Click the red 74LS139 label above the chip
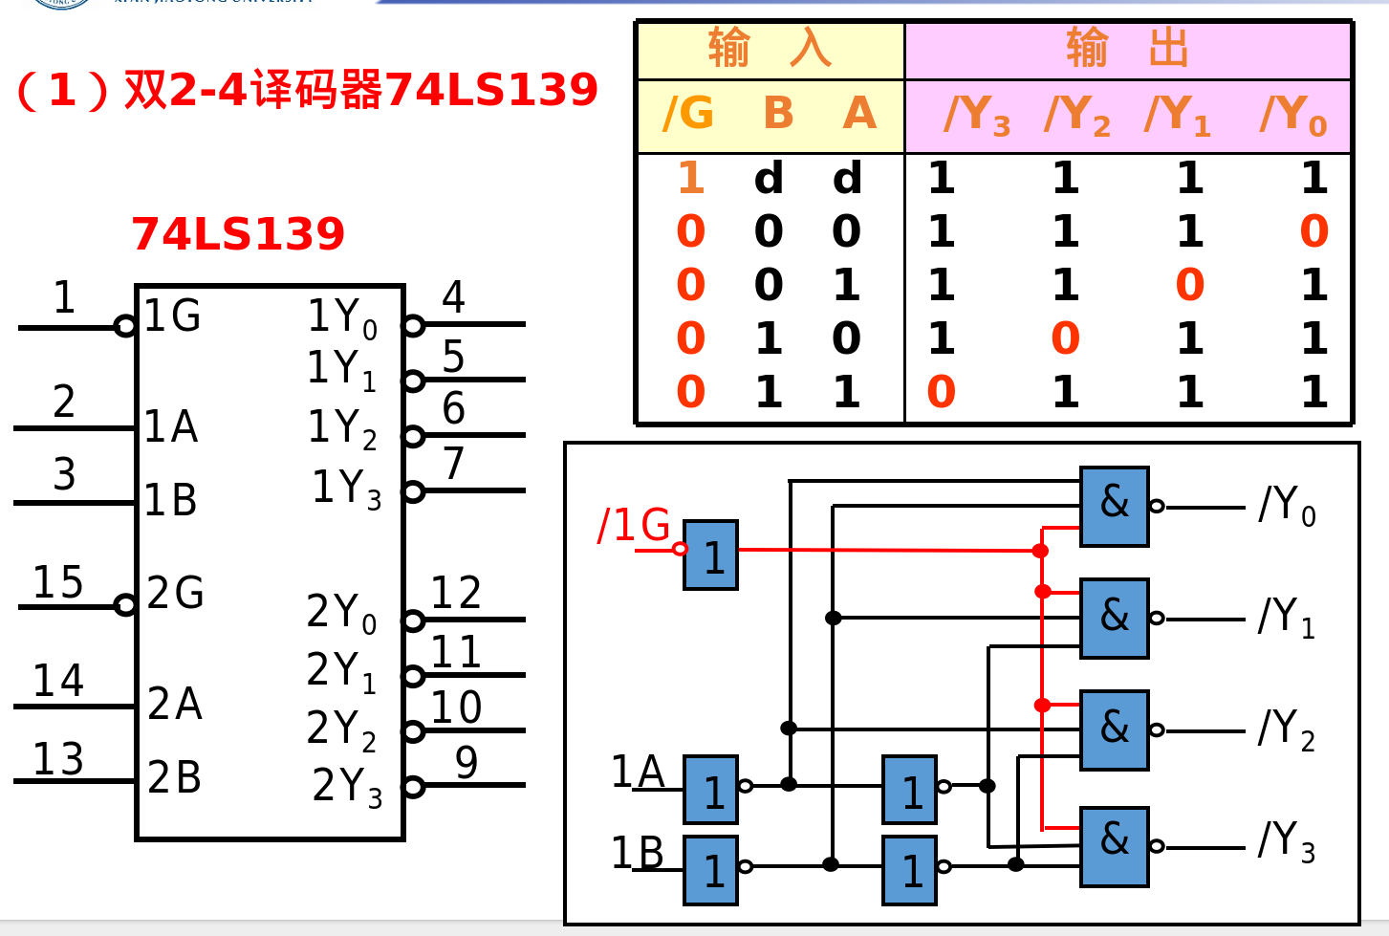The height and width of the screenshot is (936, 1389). tap(237, 234)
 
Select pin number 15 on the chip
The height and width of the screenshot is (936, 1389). tap(57, 582)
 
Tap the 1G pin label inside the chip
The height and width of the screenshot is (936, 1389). tap(172, 316)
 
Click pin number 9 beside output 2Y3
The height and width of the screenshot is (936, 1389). tap(466, 762)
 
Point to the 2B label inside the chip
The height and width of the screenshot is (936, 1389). tap(174, 778)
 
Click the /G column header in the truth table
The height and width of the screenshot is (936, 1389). tap(688, 115)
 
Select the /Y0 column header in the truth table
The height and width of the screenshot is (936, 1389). tap(1293, 116)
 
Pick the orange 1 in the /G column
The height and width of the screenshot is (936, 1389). tap(690, 178)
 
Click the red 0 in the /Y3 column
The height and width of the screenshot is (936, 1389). tap(941, 392)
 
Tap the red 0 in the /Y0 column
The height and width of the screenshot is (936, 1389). tap(1313, 231)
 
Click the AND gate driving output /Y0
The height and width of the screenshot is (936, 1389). tap(1114, 507)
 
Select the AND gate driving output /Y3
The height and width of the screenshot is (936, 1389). tap(1114, 846)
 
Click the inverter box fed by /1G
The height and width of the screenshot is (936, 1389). tap(710, 555)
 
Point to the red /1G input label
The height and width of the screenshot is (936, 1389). tap(633, 526)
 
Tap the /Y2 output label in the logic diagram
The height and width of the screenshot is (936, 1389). tap(1287, 729)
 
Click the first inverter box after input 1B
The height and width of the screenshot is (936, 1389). tap(710, 870)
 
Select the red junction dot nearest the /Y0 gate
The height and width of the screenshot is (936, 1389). tap(1040, 551)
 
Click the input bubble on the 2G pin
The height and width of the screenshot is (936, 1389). tap(124, 605)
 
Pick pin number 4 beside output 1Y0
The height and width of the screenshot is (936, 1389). tap(453, 297)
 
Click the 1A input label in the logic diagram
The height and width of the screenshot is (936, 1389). tap(637, 773)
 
